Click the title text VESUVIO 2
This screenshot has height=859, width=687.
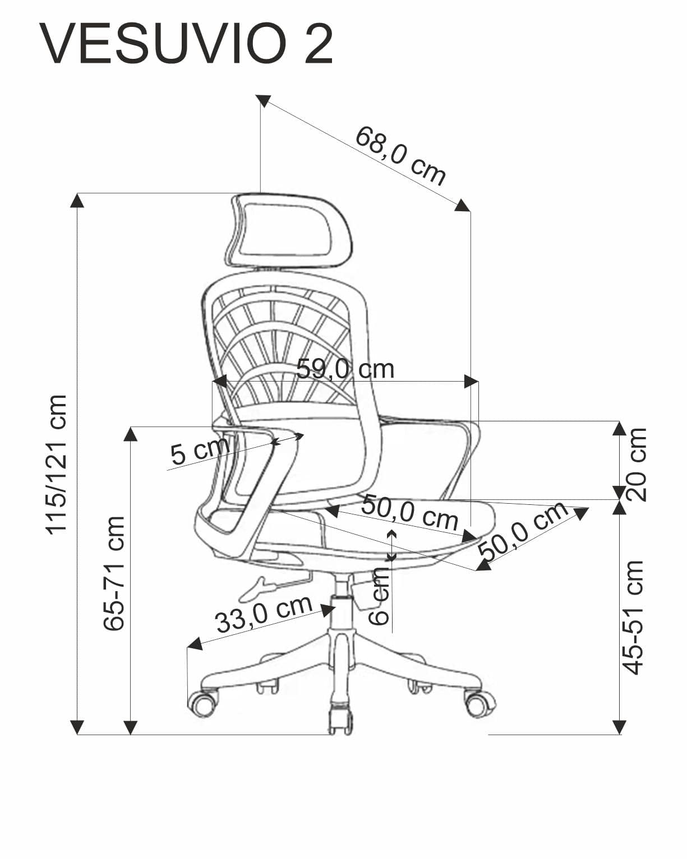[186, 44]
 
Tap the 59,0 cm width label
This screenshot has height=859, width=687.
[345, 369]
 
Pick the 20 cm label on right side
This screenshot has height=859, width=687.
[638, 464]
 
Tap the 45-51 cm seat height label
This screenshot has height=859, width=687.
[634, 616]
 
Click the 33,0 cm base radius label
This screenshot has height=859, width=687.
[263, 613]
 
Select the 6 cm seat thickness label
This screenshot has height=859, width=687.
[380, 596]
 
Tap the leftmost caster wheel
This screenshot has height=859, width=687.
[202, 703]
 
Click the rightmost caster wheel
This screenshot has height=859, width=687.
[479, 703]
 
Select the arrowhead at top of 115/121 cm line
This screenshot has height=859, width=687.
[77, 200]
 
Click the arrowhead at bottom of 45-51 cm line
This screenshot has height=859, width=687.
[619, 727]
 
